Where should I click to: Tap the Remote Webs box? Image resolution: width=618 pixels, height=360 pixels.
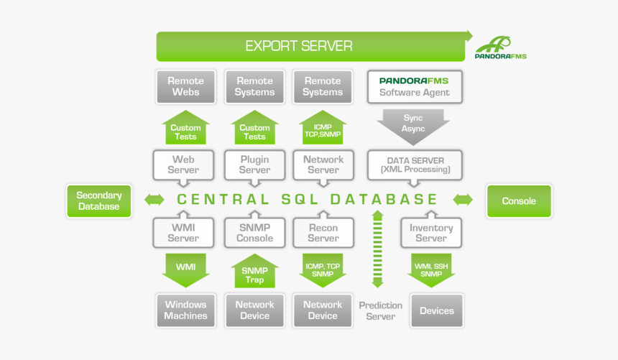coord(185,86)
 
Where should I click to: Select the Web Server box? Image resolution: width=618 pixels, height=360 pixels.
coord(183,165)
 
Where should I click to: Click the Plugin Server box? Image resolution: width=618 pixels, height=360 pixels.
coord(254,165)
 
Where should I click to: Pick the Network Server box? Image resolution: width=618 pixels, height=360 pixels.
coord(323,165)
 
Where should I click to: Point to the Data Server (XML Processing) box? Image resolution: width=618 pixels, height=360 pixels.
coord(415,165)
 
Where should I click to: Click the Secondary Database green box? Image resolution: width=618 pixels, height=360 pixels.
coord(99,200)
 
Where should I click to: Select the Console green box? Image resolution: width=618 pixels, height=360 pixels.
coord(519,201)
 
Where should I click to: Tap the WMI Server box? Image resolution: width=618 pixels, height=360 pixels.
coord(183,233)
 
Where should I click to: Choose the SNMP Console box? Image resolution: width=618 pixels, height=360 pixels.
coord(254,233)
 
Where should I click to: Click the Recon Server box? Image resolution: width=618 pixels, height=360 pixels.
coord(323,233)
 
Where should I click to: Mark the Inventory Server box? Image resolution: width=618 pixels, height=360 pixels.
coord(431,233)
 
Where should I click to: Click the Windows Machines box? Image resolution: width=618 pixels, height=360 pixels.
coord(185,310)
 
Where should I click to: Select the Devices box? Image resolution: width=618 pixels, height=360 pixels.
coord(436,310)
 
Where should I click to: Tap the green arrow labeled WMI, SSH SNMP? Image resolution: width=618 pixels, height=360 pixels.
coord(431,269)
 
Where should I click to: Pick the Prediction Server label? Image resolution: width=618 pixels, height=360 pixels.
coord(380,310)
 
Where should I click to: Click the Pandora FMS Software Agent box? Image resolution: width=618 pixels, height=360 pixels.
coord(415,86)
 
